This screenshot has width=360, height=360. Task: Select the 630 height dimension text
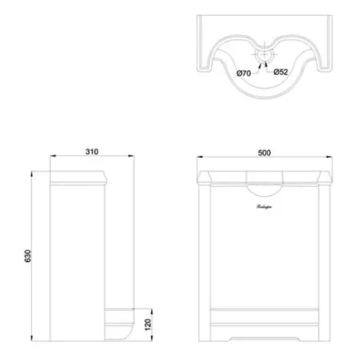point(27,256)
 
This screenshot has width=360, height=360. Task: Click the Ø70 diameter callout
point(243,73)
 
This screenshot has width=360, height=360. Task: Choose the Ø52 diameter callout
point(281,73)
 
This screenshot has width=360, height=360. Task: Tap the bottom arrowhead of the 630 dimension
point(33,337)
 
